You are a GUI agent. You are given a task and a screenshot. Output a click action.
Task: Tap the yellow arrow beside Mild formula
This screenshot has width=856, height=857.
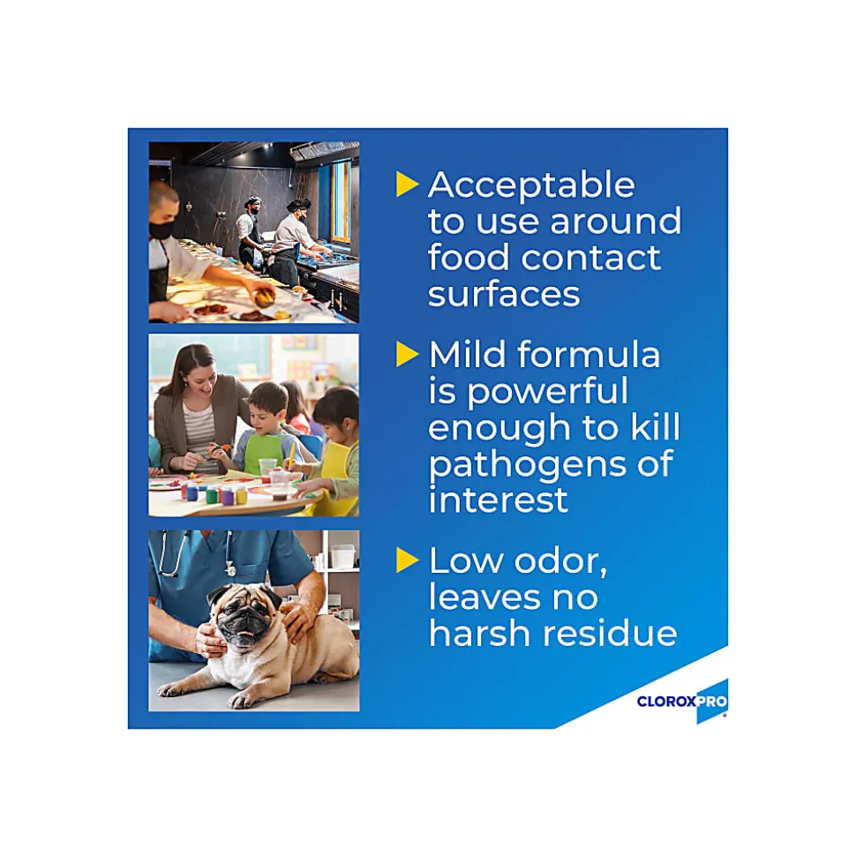pos(407,354)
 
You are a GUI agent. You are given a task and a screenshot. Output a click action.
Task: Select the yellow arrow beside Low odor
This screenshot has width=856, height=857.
pos(407,560)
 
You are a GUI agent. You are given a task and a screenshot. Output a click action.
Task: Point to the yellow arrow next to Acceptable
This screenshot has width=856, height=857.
pos(407,184)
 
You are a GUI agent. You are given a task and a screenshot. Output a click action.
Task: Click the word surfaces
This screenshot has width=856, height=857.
pos(503,295)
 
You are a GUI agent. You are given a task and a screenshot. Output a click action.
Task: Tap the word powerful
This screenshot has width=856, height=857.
pos(547,392)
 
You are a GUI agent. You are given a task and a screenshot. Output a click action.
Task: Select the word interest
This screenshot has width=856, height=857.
pos(498,500)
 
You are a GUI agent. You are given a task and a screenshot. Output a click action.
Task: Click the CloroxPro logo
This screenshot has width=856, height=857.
pos(682,702)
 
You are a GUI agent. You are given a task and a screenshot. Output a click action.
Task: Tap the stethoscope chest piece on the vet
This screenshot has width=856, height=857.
pos(231,569)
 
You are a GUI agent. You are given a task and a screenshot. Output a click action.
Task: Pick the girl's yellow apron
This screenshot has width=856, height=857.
pos(338,476)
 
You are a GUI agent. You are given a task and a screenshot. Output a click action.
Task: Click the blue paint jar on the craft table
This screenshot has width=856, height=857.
pos(191,493)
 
